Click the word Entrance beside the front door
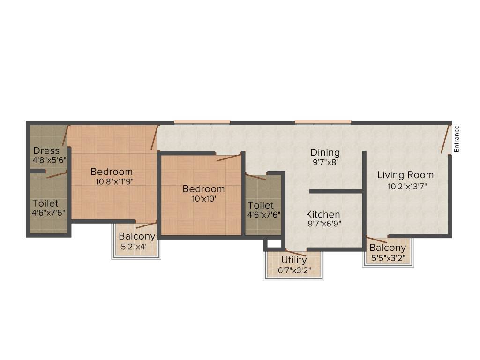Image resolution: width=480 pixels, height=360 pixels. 457,139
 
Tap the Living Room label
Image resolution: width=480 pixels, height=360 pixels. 405,175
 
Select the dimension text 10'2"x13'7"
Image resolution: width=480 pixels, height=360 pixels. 407,186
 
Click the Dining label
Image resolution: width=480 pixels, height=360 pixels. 325,153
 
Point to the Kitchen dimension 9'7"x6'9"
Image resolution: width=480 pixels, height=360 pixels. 324,224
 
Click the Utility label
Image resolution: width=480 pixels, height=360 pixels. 294,260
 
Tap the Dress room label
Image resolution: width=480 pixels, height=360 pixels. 46,151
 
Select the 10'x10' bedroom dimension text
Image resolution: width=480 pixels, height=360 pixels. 203,198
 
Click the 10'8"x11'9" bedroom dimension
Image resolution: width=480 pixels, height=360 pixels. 112,181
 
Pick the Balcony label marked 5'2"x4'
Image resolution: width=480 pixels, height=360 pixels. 136,236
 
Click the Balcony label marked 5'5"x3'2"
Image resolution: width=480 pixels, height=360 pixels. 387,248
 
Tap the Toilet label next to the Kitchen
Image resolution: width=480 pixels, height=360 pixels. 261,206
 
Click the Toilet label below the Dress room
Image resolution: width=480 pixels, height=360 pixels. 45,203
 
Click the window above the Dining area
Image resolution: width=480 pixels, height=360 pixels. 323,122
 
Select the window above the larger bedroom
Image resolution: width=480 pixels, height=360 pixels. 202,122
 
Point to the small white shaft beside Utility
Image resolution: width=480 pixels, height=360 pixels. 274,244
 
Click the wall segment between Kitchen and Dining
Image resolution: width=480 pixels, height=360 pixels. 336,191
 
